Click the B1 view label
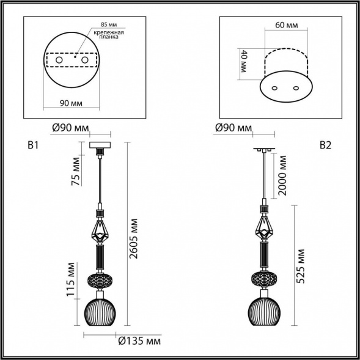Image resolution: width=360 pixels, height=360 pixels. pyautogui.click(x=33, y=145)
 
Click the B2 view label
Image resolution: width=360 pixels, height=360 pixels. pyautogui.click(x=325, y=145)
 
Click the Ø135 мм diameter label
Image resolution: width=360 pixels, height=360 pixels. pyautogui.click(x=139, y=340)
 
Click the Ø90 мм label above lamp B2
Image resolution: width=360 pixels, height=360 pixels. pyautogui.click(x=233, y=128)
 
